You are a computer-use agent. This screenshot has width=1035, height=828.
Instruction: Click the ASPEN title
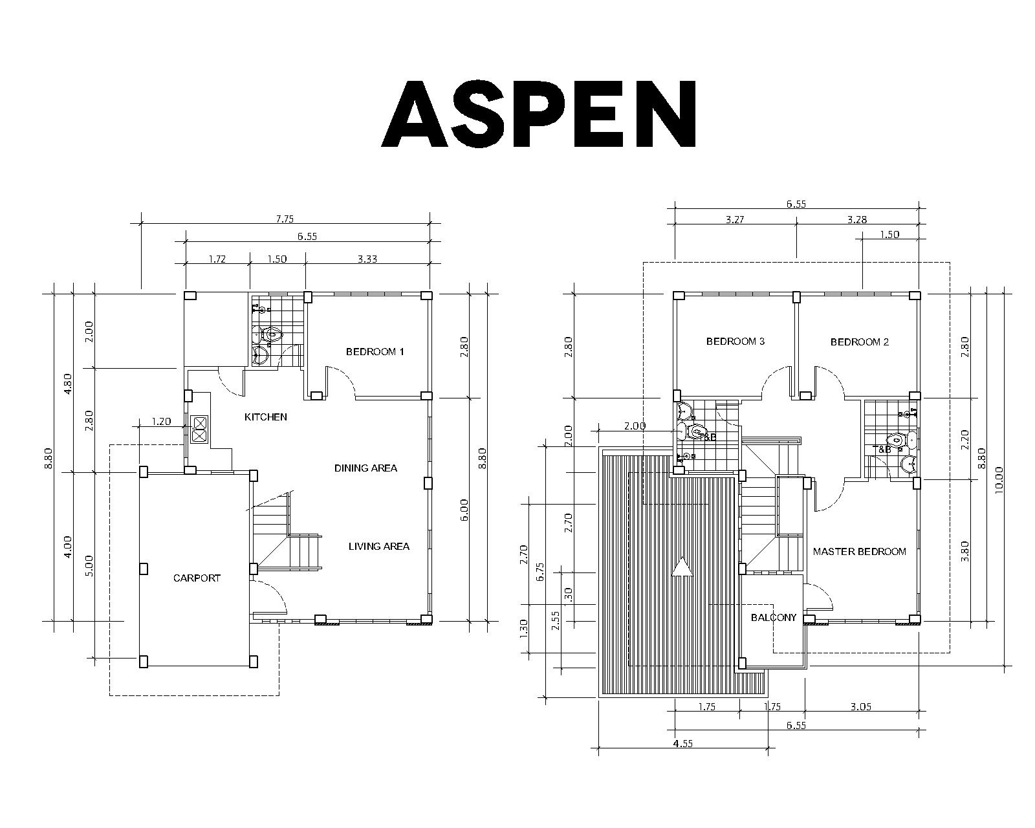coord(539,114)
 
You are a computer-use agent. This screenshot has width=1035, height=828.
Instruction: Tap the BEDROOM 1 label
coord(375,352)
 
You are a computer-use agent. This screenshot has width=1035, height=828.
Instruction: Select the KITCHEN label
coord(265,417)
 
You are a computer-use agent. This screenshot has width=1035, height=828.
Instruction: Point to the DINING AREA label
coord(365,468)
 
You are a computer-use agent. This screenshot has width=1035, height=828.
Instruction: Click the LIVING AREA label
coord(379,546)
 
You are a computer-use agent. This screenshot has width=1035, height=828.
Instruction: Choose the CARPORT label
coord(197,578)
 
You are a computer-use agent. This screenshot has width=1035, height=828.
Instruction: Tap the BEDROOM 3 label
coord(735,342)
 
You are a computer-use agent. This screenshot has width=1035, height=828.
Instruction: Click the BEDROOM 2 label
coord(860,342)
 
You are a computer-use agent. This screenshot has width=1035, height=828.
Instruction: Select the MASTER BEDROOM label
coord(860,551)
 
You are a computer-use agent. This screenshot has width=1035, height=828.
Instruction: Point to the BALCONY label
coord(774,617)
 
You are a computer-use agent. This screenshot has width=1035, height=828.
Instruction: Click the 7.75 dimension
coord(285,219)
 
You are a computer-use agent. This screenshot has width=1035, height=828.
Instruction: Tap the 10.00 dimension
coord(999,480)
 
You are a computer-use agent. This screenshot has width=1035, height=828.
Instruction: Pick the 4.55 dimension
coord(683,743)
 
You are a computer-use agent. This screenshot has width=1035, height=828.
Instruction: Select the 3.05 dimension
coord(861,707)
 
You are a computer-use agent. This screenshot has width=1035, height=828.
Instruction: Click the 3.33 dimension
coord(367,259)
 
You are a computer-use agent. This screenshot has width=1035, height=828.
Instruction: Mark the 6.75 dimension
coord(540,572)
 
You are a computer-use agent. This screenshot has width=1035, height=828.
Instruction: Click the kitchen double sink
coord(200,429)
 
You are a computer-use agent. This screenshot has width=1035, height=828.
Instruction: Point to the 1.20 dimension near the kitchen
coord(162,422)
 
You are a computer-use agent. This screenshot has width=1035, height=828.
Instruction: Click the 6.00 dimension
coord(464,510)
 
